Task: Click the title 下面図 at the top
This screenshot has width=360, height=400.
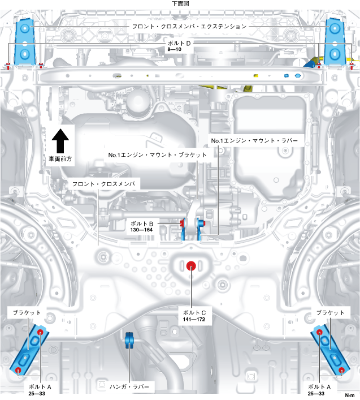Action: [180, 3]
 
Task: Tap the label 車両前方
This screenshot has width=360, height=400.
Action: [60, 160]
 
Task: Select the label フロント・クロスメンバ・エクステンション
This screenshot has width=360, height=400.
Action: [189, 26]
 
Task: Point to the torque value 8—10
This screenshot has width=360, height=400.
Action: [174, 50]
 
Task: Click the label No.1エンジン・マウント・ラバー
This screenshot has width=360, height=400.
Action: [253, 140]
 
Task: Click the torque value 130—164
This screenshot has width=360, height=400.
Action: [143, 231]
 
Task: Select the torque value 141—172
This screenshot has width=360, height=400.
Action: [194, 320]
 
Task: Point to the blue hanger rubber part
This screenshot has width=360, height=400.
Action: [128, 341]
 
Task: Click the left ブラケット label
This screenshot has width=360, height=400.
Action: [25, 313]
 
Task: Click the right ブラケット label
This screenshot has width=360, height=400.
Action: [331, 313]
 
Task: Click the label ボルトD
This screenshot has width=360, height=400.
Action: [180, 43]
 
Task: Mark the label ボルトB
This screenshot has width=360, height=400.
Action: [143, 223]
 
